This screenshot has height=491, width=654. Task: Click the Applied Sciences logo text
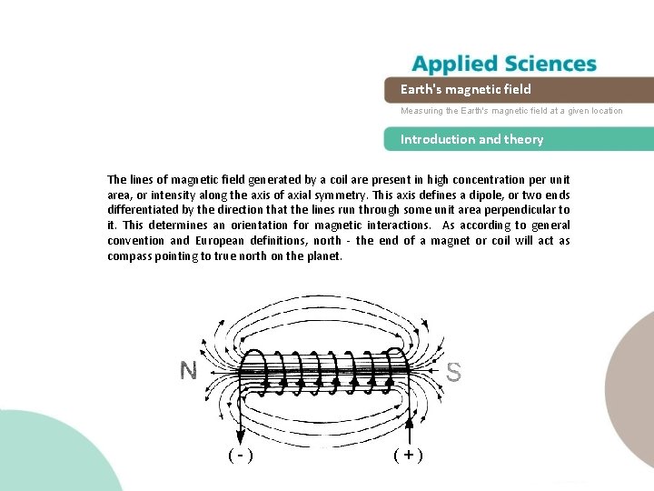[x=504, y=65]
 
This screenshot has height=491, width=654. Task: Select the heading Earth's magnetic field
[x=466, y=89]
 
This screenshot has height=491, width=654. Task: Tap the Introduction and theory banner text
[x=472, y=139]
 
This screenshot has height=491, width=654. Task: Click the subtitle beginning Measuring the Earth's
[x=512, y=111]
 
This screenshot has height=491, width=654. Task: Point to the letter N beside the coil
[x=189, y=371]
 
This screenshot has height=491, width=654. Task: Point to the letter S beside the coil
[x=453, y=372]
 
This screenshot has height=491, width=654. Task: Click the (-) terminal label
[x=240, y=455]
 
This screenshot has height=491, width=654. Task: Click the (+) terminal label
[x=408, y=455]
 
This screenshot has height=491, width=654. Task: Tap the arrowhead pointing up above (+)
[x=409, y=423]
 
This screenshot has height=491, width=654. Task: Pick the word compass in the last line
[x=132, y=256]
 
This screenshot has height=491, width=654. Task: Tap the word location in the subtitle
[x=604, y=111]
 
